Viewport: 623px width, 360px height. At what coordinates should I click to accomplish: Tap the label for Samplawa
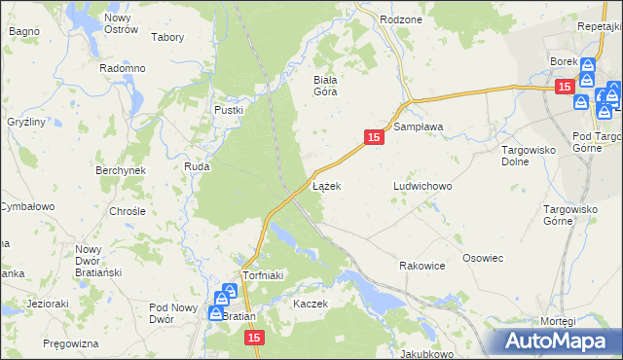click(418, 126)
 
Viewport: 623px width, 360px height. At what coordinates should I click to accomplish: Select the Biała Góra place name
click(324, 86)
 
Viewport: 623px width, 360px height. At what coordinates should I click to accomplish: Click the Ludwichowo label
click(422, 185)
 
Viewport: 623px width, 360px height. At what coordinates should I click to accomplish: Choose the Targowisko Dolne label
click(527, 156)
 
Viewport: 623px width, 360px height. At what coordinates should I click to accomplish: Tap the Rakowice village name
click(421, 265)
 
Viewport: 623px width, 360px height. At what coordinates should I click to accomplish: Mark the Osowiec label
click(482, 258)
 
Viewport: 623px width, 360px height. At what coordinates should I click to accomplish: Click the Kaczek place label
click(311, 304)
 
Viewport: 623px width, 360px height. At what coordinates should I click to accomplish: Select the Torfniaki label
click(262, 275)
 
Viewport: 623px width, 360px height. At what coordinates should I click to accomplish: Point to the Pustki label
click(228, 110)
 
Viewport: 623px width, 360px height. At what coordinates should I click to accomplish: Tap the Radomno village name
click(123, 68)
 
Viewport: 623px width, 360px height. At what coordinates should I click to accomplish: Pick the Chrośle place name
click(128, 210)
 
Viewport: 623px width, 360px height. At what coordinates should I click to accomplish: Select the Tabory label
click(168, 37)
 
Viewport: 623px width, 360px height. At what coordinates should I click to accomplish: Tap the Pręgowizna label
click(71, 344)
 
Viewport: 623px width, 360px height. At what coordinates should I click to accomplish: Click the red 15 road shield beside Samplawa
click(374, 139)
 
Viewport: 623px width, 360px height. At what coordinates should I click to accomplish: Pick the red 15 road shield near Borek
click(564, 87)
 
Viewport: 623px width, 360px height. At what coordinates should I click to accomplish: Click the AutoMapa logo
click(560, 341)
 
